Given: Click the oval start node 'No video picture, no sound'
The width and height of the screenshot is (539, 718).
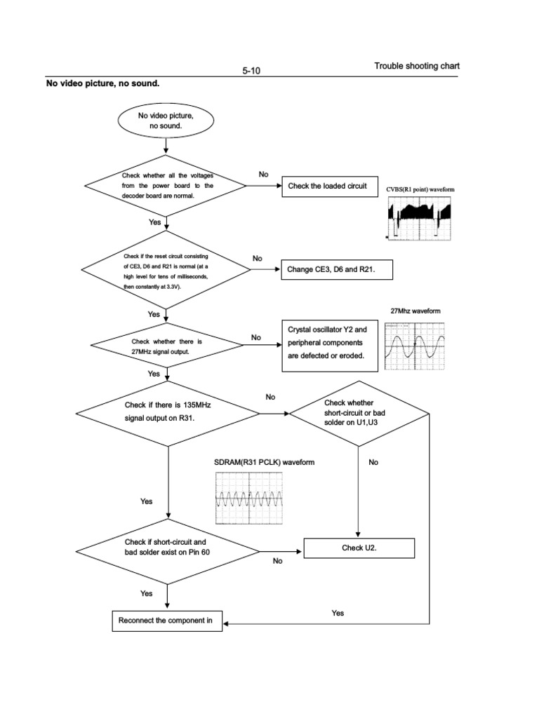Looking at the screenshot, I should click(x=166, y=120).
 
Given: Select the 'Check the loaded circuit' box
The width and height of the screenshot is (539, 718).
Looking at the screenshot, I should click(x=327, y=186).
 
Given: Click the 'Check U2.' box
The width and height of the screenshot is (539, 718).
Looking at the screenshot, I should click(x=359, y=548).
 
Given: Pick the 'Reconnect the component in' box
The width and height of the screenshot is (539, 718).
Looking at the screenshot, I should click(x=167, y=621).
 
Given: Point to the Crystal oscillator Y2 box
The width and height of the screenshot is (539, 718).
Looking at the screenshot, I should click(x=331, y=347).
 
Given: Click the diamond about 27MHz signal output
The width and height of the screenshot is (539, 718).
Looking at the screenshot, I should click(x=166, y=346).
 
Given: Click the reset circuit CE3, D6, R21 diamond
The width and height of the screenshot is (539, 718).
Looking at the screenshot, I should click(x=166, y=269).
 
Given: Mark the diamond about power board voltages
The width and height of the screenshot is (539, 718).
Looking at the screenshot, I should click(x=166, y=185).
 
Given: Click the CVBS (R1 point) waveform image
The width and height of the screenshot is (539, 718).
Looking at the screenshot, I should click(x=419, y=218).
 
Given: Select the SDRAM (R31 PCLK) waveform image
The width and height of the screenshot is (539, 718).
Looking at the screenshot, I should click(x=248, y=498).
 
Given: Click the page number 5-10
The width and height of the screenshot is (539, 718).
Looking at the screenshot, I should click(x=251, y=71).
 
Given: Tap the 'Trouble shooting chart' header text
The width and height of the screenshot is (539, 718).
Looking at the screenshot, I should click(x=417, y=67).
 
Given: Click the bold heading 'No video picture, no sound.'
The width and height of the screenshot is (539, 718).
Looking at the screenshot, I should click(x=102, y=84).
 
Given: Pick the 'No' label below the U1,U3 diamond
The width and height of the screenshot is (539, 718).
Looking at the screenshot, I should click(x=373, y=462).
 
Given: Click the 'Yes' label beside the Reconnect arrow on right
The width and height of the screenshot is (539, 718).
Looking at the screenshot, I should click(x=338, y=613).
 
